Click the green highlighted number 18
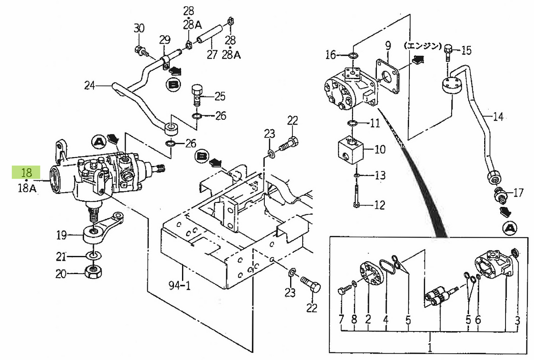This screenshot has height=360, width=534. [26, 173]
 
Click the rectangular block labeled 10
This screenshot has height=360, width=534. [352, 150]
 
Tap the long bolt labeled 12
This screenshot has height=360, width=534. [356, 196]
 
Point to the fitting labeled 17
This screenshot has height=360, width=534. [500, 194]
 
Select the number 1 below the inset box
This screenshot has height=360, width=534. [430, 346]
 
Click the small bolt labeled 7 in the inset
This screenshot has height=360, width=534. [344, 291]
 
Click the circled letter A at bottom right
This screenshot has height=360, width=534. [510, 228]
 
